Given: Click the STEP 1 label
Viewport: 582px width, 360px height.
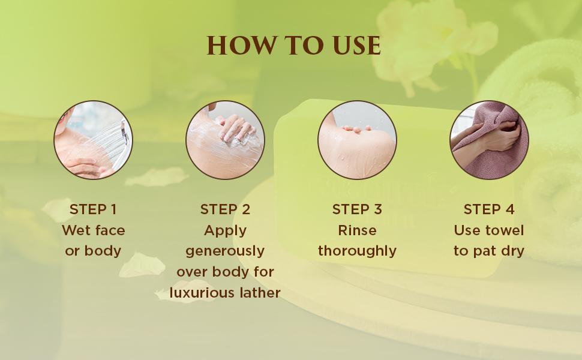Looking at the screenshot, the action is coord(93,209).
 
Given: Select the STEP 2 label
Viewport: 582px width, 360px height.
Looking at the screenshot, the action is coord(226,209).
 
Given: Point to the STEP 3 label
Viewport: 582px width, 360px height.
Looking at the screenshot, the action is coord(357,209).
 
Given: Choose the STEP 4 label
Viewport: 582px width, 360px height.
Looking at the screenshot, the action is coord(489,209).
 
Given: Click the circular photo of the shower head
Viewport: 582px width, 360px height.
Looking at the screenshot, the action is coord(93,140).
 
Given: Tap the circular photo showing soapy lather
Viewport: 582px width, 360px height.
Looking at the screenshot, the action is coord(226,140).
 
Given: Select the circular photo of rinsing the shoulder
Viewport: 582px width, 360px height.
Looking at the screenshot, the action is coord(357,140).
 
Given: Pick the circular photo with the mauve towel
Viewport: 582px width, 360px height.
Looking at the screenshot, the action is coord(489,140).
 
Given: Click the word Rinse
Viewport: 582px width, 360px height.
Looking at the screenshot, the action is coord(357,230).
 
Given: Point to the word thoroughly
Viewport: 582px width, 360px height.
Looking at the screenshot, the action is coord(357,251).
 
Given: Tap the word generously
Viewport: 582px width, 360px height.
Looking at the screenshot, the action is coord(226,251).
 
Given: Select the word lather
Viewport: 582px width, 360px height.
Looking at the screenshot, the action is coord(260,292).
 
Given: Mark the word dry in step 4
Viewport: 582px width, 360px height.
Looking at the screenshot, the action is coord(512,251).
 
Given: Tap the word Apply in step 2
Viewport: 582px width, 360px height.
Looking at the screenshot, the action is coord(226,231).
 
